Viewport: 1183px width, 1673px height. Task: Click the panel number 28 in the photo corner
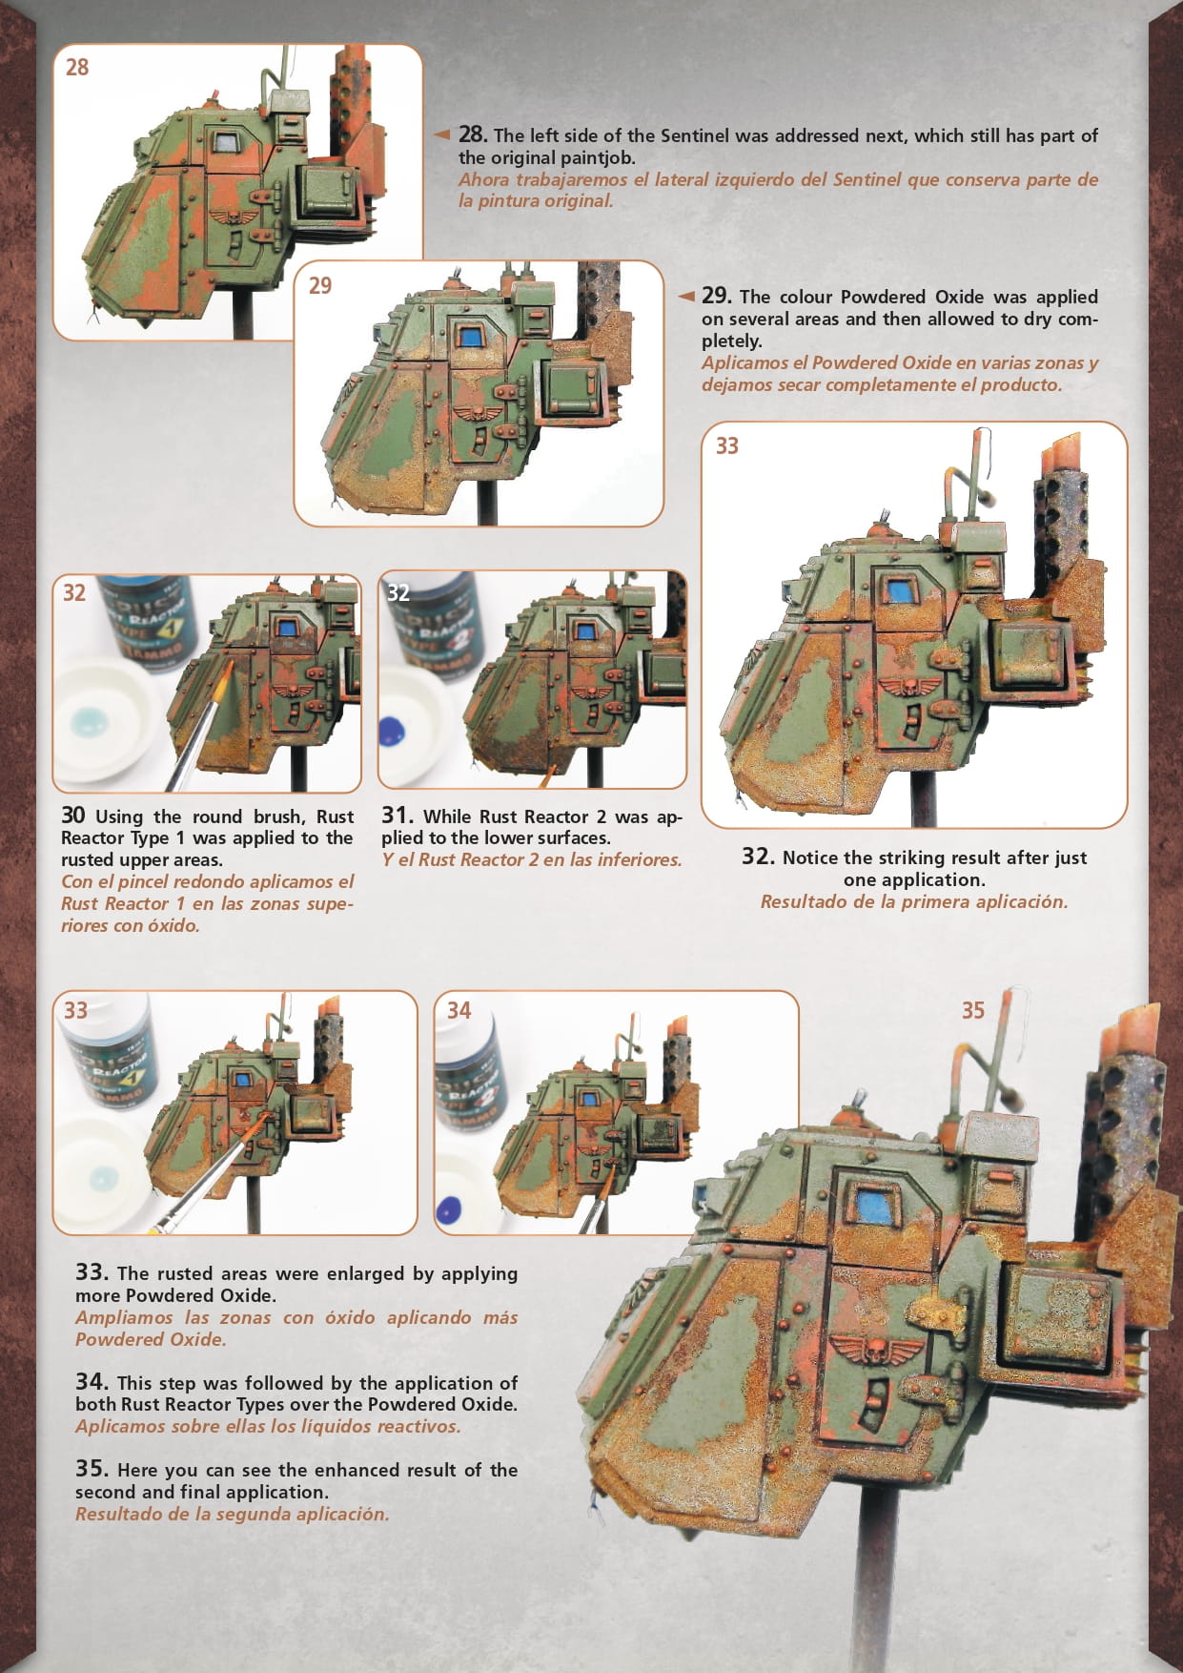[x=77, y=67]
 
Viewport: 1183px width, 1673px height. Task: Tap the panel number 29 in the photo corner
[x=320, y=285]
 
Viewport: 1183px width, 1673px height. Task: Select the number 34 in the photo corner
[x=459, y=1010]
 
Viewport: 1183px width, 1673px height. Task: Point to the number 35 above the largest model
[x=972, y=1010]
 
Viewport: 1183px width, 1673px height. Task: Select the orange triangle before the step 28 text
[x=441, y=134]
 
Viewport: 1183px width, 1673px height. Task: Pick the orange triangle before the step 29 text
[x=685, y=296]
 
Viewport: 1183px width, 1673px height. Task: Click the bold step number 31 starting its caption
[x=398, y=816]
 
